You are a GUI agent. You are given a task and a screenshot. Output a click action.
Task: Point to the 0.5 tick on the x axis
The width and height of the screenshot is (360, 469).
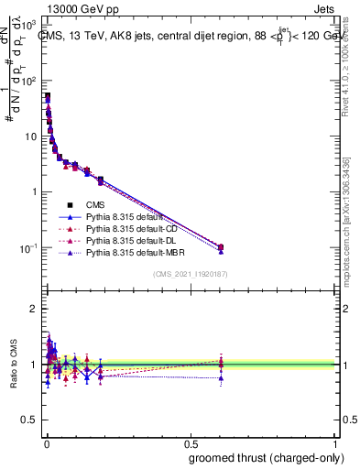191,442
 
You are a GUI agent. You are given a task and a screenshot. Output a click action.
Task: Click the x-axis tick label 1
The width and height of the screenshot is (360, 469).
336,442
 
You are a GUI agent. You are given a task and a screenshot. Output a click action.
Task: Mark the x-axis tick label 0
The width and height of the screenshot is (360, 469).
46,442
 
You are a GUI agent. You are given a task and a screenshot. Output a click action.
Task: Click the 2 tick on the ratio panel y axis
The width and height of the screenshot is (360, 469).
35,309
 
